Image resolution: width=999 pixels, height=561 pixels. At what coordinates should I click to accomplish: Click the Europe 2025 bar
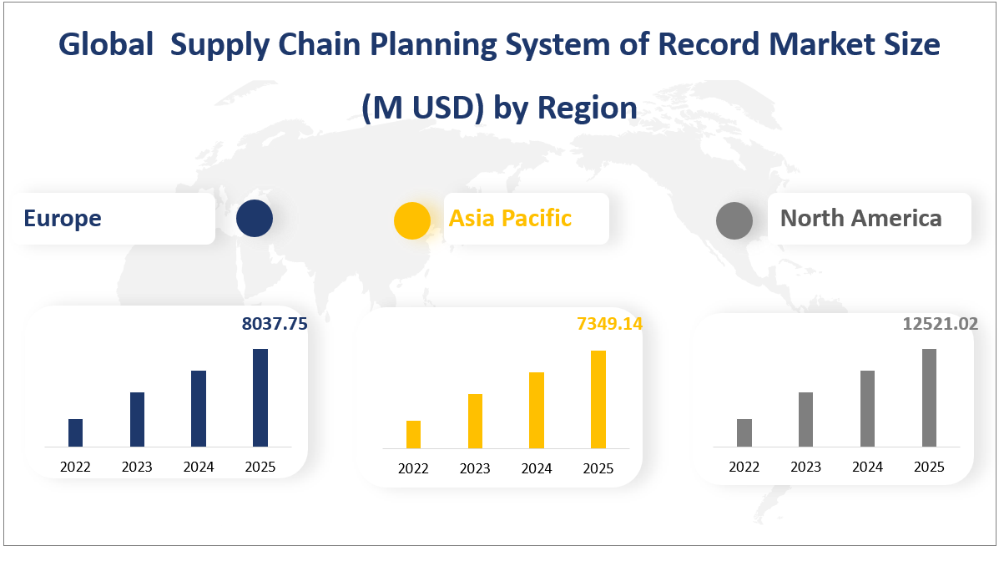click(x=260, y=397)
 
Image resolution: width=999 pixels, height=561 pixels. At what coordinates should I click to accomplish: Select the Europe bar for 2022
click(x=75, y=432)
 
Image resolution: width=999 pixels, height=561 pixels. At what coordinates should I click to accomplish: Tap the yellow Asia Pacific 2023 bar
click(x=475, y=422)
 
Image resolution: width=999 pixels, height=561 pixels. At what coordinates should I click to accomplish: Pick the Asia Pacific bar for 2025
click(x=598, y=400)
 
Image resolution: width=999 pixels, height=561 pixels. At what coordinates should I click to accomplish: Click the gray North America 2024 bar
click(x=868, y=408)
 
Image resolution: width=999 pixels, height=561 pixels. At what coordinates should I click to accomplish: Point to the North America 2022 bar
click(x=744, y=432)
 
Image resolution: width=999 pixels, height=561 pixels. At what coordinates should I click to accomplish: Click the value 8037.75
click(x=275, y=324)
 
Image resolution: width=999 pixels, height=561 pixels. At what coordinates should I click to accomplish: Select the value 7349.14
click(x=609, y=324)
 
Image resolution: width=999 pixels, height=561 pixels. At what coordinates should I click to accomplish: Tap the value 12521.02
click(x=941, y=324)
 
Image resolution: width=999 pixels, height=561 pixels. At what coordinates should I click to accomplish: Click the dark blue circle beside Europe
click(x=255, y=219)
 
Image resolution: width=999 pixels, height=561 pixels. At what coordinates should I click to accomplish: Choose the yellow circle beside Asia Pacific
click(x=412, y=220)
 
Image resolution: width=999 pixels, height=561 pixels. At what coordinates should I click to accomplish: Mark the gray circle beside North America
click(x=734, y=220)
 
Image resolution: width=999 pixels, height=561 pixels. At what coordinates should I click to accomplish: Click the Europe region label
click(x=63, y=219)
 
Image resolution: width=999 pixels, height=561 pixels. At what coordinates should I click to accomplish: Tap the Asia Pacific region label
click(x=510, y=219)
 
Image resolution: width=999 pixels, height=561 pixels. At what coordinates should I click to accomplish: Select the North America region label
click(x=860, y=219)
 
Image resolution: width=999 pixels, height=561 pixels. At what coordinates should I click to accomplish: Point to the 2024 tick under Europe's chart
click(x=199, y=467)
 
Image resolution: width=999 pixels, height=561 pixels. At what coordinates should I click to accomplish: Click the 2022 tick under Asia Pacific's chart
click(x=413, y=469)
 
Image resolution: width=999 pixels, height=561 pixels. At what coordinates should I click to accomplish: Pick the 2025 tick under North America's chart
click(x=929, y=467)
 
